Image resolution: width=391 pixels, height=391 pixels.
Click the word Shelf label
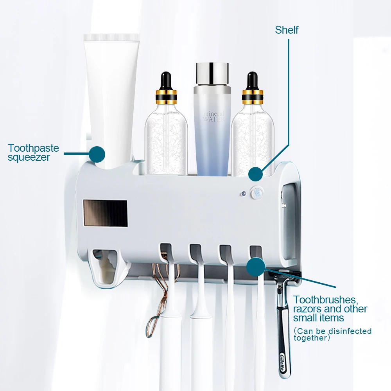[287, 30]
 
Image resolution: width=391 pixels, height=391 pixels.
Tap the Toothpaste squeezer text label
[33, 153]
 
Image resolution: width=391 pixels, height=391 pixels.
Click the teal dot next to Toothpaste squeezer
[97, 154]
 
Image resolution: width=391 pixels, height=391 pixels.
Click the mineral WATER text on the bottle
[214, 116]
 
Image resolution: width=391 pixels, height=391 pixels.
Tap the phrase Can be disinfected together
[332, 334]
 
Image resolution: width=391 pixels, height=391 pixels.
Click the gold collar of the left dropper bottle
[166, 95]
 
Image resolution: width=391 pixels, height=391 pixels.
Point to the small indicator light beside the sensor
[243, 193]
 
